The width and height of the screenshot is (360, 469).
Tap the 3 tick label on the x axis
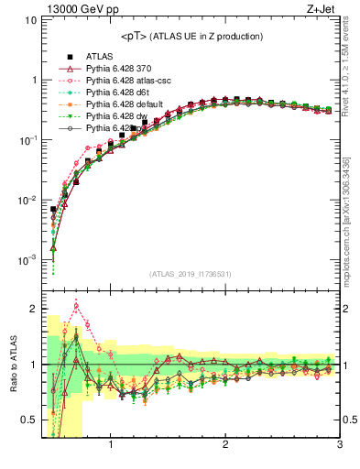pyautogui.click(x=339, y=446)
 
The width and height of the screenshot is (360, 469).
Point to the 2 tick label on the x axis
pyautogui.click(x=224, y=446)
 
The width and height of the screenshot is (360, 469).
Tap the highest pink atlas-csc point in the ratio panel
pyautogui.click(x=76, y=306)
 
